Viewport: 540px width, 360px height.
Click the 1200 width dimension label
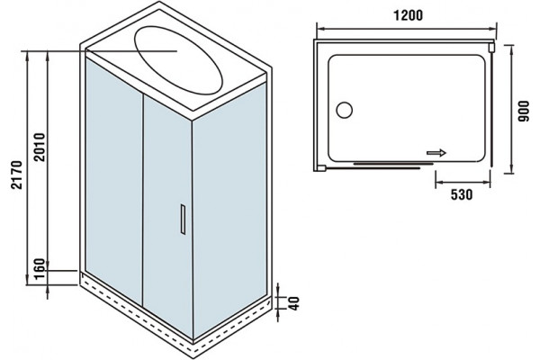(408, 15)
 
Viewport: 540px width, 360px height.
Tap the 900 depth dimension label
(524, 111)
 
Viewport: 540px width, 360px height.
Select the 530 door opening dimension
(462, 195)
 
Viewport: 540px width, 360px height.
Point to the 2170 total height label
(16, 175)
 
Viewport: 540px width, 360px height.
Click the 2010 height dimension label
(40, 147)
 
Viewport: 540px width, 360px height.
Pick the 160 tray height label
(40, 269)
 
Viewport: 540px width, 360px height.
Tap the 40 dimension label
(293, 303)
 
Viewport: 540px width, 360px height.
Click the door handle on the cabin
(183, 220)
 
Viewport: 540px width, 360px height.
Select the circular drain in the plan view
(344, 110)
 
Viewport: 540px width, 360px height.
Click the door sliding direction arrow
(436, 153)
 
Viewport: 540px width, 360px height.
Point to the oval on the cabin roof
(178, 59)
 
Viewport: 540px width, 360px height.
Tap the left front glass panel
(114, 181)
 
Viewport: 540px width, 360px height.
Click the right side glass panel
(229, 210)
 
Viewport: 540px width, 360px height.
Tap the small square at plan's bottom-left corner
(321, 168)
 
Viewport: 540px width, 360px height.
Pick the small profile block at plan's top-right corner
(491, 47)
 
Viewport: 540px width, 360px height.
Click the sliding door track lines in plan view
(392, 166)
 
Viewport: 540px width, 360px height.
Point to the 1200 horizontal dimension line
(407, 29)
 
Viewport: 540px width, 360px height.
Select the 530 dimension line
(463, 183)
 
